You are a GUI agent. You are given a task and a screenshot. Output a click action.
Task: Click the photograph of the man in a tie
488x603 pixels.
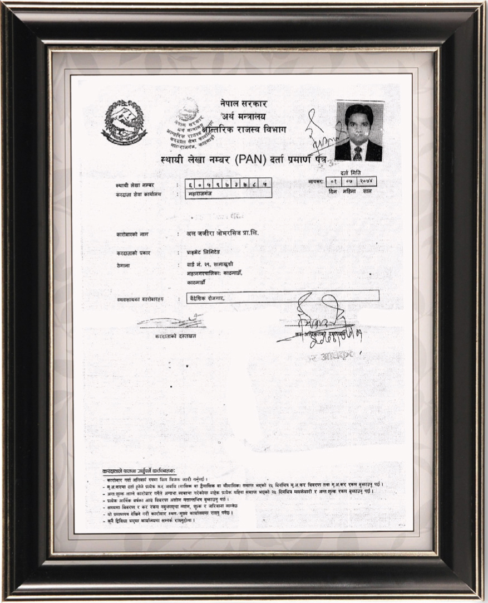click(x=359, y=132)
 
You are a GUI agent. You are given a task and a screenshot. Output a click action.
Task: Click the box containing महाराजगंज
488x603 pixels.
click(x=228, y=193)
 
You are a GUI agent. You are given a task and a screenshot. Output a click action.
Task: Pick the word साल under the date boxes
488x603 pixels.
click(x=366, y=191)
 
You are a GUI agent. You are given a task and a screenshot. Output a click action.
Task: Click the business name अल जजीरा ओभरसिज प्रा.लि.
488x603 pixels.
click(x=222, y=232)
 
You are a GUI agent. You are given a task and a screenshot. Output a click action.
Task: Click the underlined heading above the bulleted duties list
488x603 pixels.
click(x=139, y=471)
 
